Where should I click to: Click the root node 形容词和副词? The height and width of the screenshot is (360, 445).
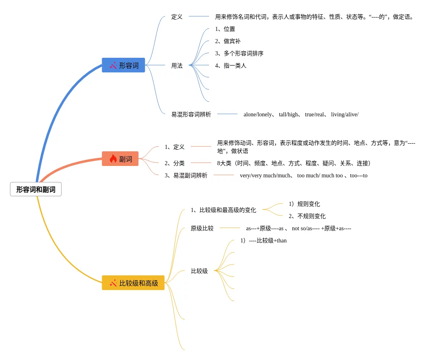(x=36, y=189)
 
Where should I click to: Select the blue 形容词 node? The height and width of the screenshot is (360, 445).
(x=123, y=65)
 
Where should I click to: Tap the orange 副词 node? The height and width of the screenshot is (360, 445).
(x=120, y=159)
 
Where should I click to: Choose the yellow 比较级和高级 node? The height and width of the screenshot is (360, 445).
(x=133, y=283)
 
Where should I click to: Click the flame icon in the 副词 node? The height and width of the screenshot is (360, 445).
(x=113, y=159)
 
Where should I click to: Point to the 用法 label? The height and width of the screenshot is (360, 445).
(x=177, y=65)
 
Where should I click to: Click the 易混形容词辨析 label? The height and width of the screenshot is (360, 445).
(x=191, y=114)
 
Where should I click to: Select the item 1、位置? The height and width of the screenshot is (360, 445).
(x=225, y=29)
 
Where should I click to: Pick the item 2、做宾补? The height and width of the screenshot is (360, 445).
(x=228, y=41)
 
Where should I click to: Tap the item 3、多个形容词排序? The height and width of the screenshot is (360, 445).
(x=239, y=53)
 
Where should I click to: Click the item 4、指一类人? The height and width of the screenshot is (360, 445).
(x=231, y=65)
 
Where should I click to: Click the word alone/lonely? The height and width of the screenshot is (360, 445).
(x=257, y=114)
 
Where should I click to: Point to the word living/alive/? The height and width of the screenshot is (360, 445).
(x=345, y=114)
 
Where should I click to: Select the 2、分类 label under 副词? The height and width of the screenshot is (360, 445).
(x=175, y=163)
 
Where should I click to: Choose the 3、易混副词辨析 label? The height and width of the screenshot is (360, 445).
(x=186, y=175)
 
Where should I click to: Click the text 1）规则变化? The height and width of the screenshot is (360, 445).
(x=304, y=204)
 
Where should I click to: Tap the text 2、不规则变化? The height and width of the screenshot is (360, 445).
(x=307, y=216)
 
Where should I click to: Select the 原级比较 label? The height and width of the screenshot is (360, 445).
(x=202, y=228)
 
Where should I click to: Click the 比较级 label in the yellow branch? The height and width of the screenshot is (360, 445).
(x=199, y=271)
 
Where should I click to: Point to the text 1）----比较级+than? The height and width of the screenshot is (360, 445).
(x=263, y=240)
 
